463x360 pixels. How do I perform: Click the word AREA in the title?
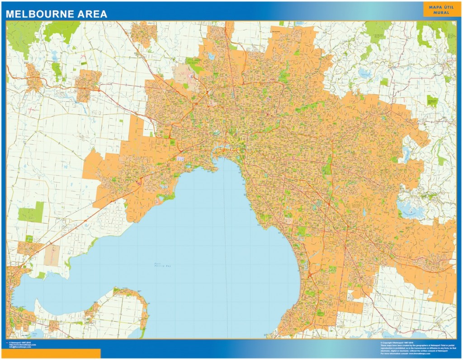pos(93,14)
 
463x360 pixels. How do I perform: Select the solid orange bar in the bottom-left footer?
pos(50,353)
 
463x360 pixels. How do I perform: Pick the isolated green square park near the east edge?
pos(432,100)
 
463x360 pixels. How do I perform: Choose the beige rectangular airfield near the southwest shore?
pos(52,255)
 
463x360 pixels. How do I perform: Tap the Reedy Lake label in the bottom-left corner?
pos(34,335)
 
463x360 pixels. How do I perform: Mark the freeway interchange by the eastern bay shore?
pos(310,273)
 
